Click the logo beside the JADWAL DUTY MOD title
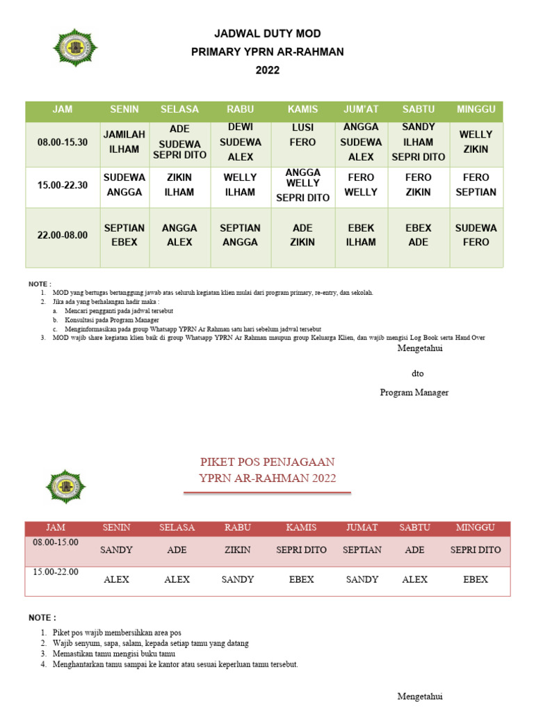coord(76,47)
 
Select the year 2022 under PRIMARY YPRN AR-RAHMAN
coord(267,70)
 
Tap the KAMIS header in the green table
coord(302,110)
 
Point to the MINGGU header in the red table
coord(475,528)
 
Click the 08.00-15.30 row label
coord(63,142)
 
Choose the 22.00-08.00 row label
coord(63,235)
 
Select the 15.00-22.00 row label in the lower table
coord(56,572)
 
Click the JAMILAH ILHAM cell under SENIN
coord(124,142)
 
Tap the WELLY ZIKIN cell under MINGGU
coord(476,142)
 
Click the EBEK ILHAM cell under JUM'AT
coord(361,235)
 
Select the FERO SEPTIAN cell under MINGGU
coord(476,185)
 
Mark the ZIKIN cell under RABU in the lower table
coord(237,549)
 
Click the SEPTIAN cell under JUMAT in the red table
coord(362,549)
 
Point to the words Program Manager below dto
coord(414,393)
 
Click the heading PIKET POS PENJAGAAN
coord(267,462)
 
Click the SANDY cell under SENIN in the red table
coord(116,549)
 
